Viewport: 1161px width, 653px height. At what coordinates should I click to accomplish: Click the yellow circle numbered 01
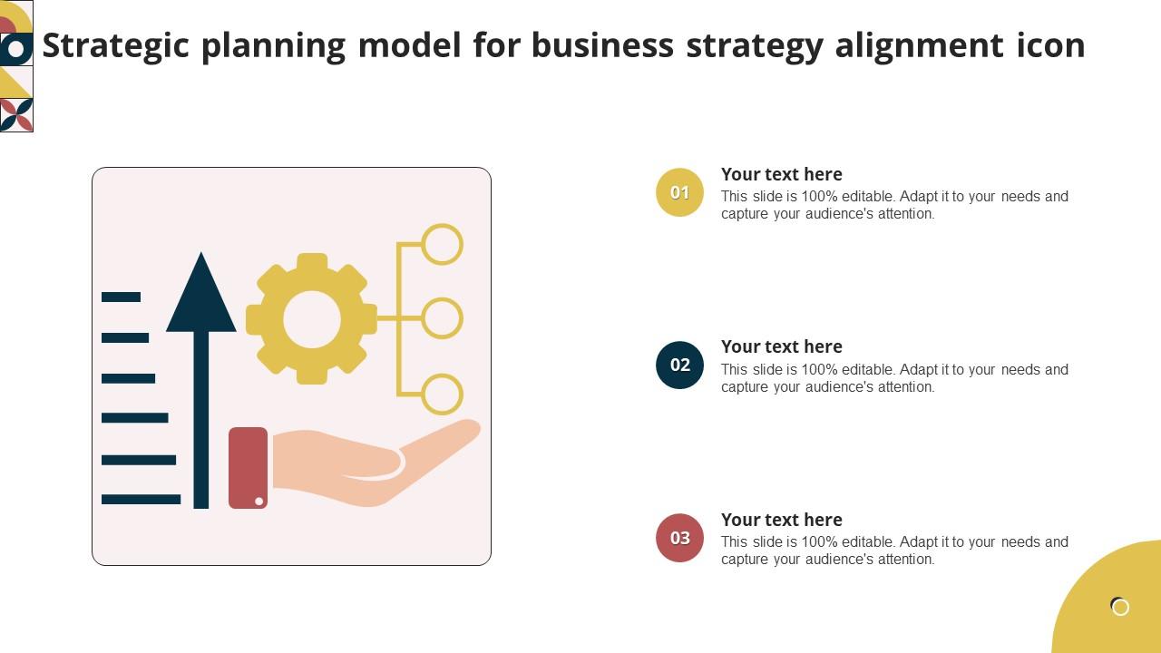tap(679, 192)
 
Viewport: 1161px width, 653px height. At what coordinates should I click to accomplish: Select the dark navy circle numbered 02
tap(679, 365)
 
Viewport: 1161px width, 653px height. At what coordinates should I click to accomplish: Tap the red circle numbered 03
tap(679, 538)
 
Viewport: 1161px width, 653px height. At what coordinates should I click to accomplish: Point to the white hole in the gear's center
tap(312, 319)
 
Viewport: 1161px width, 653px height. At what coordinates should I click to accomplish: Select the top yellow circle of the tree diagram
tap(442, 244)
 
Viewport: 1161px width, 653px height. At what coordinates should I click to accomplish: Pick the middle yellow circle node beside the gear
tap(442, 318)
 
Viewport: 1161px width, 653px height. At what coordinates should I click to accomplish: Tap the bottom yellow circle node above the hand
tap(442, 395)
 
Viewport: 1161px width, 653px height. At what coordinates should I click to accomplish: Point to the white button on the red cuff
tap(259, 501)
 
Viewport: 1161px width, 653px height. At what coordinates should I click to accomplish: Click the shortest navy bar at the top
tap(121, 297)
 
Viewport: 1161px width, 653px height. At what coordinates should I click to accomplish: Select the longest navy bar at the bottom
tap(141, 499)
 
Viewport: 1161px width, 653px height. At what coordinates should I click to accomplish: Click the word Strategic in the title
tap(116, 45)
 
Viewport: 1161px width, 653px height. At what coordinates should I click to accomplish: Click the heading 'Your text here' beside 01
tap(781, 174)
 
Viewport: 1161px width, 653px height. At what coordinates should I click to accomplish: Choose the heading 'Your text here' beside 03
tap(781, 520)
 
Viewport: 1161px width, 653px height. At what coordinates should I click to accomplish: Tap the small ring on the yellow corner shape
tap(1120, 607)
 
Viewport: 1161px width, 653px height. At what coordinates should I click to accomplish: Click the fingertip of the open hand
tap(470, 429)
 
